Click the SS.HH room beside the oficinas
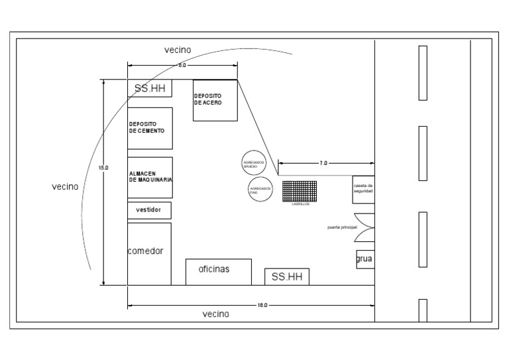tap(287, 277)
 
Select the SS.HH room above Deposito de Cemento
tap(150, 89)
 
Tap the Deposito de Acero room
tap(215, 101)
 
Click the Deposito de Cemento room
tap(150, 128)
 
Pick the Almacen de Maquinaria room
tap(150, 177)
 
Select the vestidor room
tap(149, 210)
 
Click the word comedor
tap(145, 251)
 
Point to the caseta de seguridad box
tap(363, 190)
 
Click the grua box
tap(365, 259)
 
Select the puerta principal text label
tap(342, 227)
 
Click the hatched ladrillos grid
tap(301, 192)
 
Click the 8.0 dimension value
tap(182, 66)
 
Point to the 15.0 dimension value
tap(103, 168)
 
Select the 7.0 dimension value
tap(323, 162)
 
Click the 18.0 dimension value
tap(262, 305)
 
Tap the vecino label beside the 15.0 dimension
tap(65, 187)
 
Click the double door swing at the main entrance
tap(365, 227)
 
